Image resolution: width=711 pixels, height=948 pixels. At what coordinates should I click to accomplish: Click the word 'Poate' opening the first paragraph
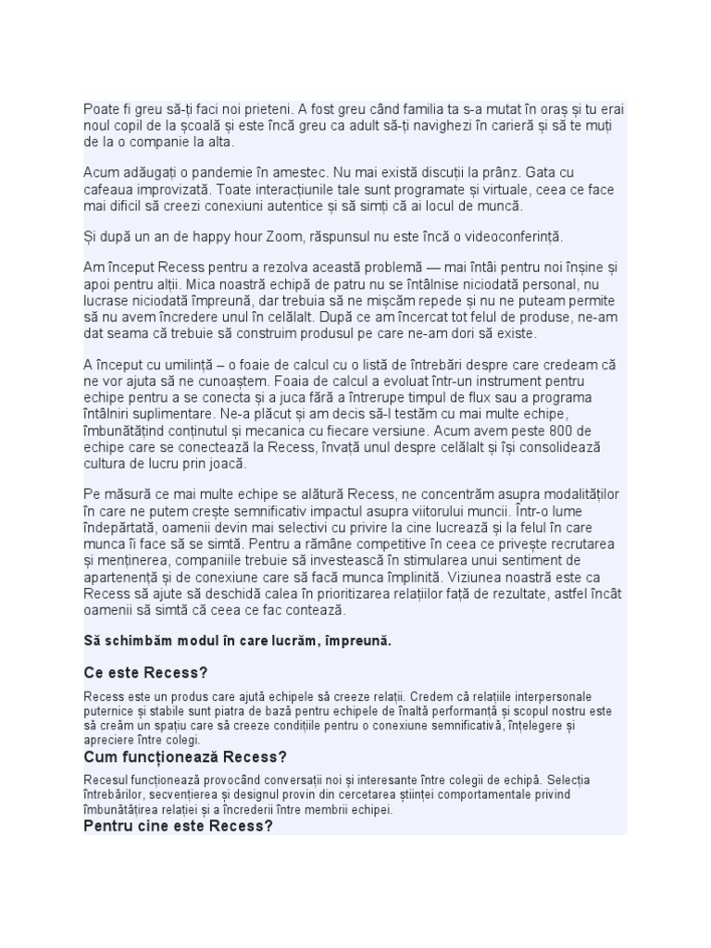tap(101, 109)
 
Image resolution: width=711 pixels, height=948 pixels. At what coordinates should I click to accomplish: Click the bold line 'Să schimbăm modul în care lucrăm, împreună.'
tap(238, 641)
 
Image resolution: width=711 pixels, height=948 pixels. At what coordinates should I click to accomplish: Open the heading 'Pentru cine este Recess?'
tap(178, 826)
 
